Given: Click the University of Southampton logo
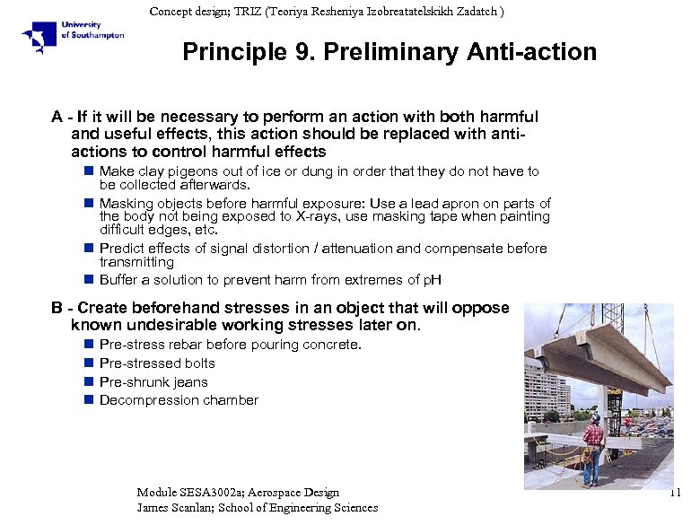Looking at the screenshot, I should click(74, 37).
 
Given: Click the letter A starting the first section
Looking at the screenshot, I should click(57, 117).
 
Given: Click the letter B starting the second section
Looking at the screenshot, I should click(57, 308).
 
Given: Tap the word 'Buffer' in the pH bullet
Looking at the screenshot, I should click(120, 280).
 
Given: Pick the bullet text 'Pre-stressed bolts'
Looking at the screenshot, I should click(157, 363).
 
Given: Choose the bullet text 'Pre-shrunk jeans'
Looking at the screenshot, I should click(153, 382).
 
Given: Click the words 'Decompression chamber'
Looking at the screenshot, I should click(179, 400).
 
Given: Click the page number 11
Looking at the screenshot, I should click(676, 493).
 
